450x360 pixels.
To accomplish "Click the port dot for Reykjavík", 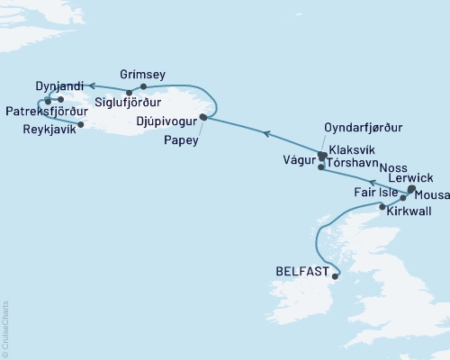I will pos(81,125).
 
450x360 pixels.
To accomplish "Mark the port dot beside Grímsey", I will pos(144,86).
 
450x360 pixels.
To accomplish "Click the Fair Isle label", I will pos(373,193).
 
